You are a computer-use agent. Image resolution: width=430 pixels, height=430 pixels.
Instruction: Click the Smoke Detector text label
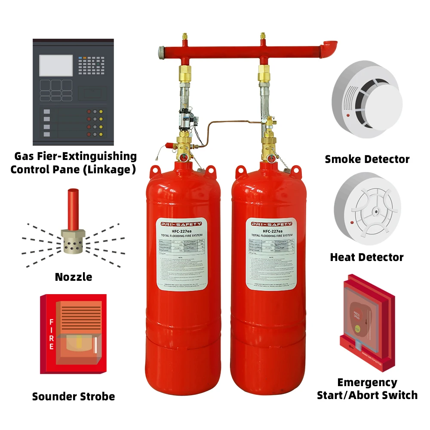point(367,159)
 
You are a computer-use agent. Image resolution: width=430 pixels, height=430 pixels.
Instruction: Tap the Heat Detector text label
point(367,257)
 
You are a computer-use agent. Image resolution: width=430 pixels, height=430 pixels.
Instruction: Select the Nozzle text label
point(74,277)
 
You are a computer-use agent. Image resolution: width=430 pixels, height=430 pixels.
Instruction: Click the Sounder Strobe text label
point(74,396)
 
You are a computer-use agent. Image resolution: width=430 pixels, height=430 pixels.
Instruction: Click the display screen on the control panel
point(56,66)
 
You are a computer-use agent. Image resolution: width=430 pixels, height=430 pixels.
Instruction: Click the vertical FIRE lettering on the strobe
point(51,334)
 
